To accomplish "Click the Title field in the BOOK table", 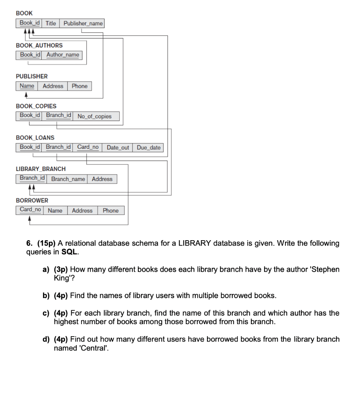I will tap(51, 23).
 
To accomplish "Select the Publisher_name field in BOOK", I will tap(83, 23).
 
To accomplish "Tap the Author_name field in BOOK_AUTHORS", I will tap(63, 55).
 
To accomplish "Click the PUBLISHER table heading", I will tap(32, 76).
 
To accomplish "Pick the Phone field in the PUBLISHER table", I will tap(80, 86).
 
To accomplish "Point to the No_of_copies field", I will tap(94, 116).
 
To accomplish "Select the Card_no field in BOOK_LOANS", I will tap(88, 147).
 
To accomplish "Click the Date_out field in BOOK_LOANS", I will tap(118, 148).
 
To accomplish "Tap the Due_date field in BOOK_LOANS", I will tap(148, 148).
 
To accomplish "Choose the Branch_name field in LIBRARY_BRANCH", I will tap(68, 179).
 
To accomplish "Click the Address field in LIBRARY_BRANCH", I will tap(102, 179).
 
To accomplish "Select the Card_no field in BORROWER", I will tap(30, 210).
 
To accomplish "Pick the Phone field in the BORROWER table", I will tap(111, 211).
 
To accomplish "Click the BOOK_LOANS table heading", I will tap(35, 138).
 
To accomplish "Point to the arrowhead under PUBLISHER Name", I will tap(26, 94).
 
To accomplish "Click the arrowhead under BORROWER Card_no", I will tap(30, 218).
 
